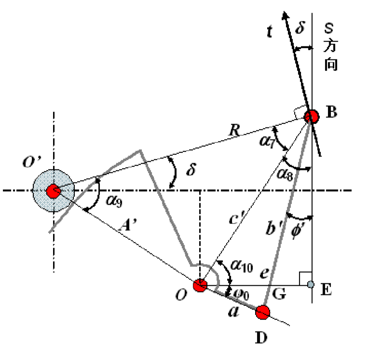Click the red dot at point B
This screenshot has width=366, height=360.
(x=312, y=117)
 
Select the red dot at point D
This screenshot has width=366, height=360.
(x=263, y=312)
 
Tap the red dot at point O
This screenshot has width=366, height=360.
(x=200, y=285)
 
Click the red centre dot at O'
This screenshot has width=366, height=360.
(x=54, y=191)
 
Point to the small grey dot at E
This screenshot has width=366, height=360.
(x=311, y=284)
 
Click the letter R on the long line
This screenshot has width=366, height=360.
(x=234, y=130)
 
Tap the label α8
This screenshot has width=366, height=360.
(x=285, y=175)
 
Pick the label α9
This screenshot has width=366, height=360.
(x=114, y=201)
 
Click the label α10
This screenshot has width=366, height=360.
(x=242, y=266)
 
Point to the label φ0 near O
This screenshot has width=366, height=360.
(x=241, y=294)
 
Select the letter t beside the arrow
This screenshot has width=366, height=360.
(x=270, y=31)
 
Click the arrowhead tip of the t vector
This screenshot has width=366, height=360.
(x=284, y=11)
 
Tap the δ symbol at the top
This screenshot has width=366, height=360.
(x=300, y=28)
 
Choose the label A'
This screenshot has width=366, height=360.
(x=128, y=225)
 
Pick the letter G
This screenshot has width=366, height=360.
(x=279, y=294)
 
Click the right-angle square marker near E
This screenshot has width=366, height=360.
(x=306, y=278)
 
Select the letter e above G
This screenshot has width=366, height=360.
(x=264, y=273)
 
